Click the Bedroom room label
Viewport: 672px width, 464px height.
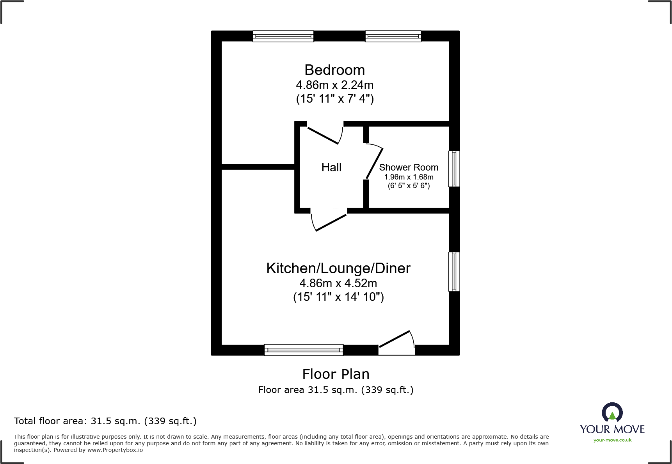pos(334,70)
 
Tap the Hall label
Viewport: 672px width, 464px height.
pos(331,167)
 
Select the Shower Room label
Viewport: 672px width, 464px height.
pos(409,167)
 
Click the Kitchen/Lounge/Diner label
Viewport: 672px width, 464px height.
pos(338,268)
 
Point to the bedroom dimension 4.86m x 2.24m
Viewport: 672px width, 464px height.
pos(334,85)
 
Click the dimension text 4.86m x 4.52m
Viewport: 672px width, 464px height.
pos(338,283)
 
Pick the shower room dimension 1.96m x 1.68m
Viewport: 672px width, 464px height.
pos(409,177)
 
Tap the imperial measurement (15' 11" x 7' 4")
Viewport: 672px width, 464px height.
pos(335,99)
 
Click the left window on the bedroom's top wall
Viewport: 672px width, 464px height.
pos(283,36)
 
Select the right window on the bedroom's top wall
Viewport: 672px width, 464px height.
pos(393,36)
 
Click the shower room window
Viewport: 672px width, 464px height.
pos(454,169)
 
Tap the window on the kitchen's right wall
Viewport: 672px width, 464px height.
pos(454,272)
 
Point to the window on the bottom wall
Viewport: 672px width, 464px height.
pos(304,350)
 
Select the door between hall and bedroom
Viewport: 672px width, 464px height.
pos(324,135)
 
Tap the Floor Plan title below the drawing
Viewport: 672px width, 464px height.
pos(336,374)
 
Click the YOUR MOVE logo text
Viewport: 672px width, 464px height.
pos(612,430)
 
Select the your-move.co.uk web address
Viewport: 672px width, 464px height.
pos(612,440)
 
